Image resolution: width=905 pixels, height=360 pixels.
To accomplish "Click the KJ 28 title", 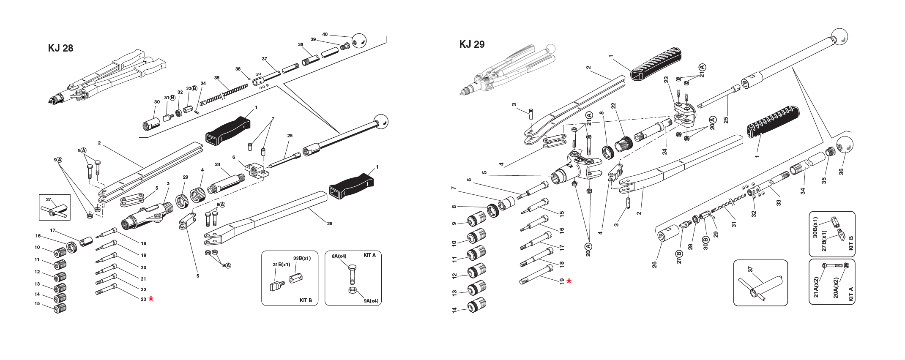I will [x=60, y=48].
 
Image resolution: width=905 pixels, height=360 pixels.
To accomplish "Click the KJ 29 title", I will [x=472, y=44].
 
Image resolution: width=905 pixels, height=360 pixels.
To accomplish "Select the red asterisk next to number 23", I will [x=151, y=299].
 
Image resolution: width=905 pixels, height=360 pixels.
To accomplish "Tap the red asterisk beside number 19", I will [x=569, y=281].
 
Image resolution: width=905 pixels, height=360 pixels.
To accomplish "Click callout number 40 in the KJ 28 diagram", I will [x=325, y=34].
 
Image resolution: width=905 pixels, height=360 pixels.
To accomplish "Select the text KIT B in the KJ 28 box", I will [x=305, y=300].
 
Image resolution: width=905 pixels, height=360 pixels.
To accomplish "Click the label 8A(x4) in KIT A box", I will [x=339, y=256].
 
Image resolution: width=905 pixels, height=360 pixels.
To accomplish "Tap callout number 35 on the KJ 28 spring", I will [x=217, y=78].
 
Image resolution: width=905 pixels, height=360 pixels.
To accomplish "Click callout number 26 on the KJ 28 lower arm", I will [x=329, y=223].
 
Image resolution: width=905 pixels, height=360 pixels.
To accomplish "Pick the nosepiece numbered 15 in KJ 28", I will [x=60, y=308].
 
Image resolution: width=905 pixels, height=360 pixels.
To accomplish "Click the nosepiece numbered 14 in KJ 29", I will [x=477, y=306].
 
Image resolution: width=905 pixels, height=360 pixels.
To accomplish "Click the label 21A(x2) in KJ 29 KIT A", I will [x=816, y=287].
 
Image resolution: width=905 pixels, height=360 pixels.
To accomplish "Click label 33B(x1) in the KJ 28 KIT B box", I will [x=302, y=258].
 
